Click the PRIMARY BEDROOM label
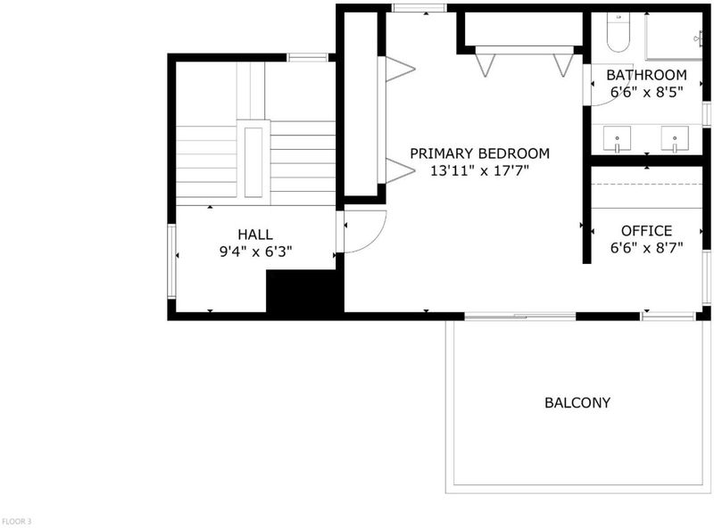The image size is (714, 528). [479, 153]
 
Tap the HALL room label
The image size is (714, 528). [255, 235]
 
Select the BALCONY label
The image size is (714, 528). [577, 402]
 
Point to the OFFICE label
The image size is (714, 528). [646, 231]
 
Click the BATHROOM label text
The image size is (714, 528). [646, 75]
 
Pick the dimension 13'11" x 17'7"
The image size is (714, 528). [479, 171]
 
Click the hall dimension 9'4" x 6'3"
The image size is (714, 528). [255, 252]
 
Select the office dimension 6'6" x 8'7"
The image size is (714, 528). [646, 248]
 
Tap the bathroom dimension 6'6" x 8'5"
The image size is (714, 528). [646, 93]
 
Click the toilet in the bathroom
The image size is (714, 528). [618, 31]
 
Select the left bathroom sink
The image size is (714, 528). [617, 139]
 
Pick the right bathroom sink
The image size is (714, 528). [675, 139]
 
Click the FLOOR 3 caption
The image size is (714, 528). [17, 521]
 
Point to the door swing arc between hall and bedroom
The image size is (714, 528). [375, 239]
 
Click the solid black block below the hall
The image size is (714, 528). [304, 292]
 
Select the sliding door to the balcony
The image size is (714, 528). [520, 316]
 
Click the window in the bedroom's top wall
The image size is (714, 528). [419, 8]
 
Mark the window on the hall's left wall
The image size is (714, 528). [171, 260]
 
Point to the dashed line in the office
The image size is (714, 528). [646, 184]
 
